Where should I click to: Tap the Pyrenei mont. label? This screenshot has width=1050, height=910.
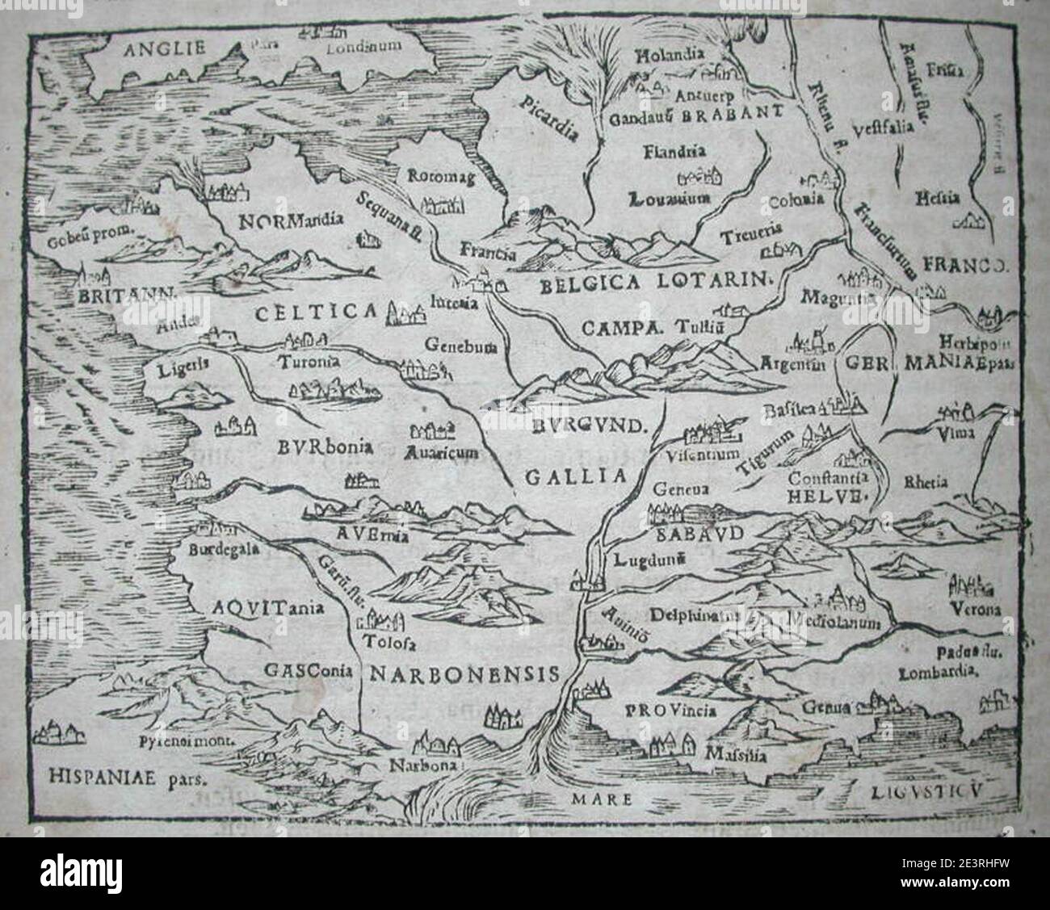coord(196,739)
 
